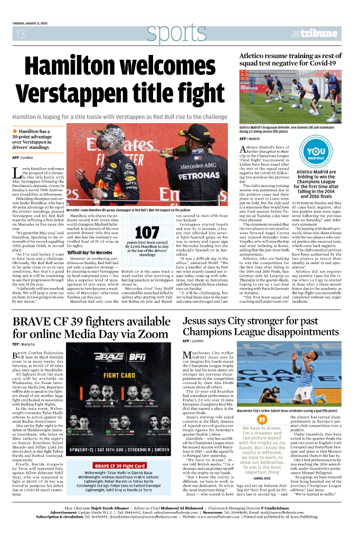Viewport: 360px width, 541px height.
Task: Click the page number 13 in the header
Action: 21,34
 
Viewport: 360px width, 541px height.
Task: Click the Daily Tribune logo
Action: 315,34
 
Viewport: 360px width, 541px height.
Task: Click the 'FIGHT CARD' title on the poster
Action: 118,375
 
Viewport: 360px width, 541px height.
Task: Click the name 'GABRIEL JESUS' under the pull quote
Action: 262,478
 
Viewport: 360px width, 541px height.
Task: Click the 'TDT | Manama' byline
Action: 24,344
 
